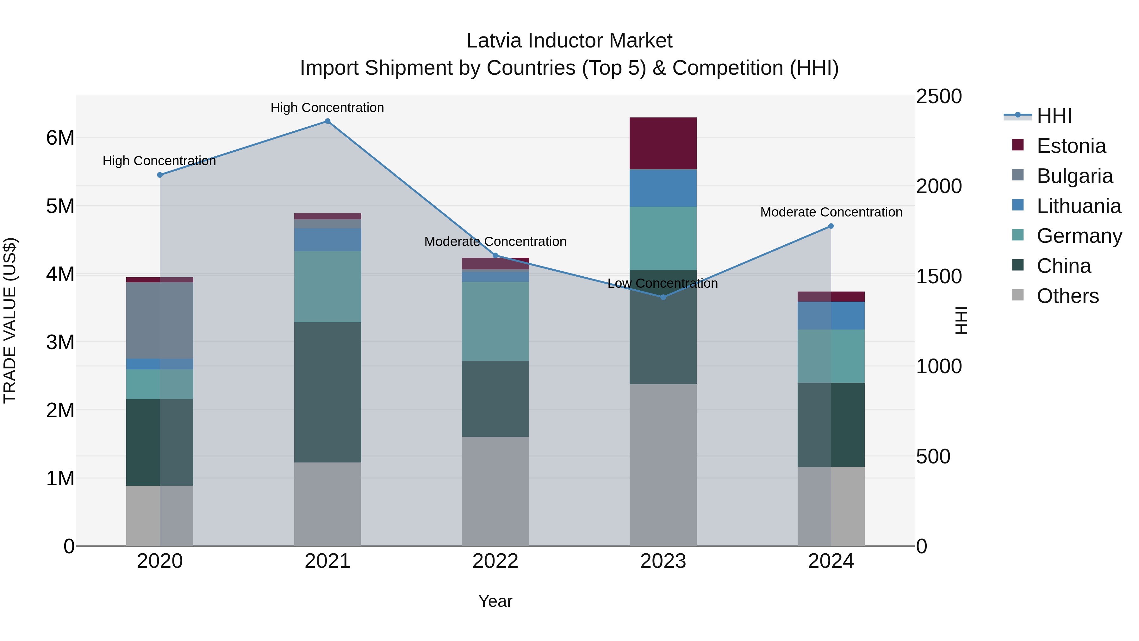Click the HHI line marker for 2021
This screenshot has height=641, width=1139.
click(327, 121)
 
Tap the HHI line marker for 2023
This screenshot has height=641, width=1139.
click(663, 297)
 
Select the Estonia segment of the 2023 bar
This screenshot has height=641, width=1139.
click(663, 143)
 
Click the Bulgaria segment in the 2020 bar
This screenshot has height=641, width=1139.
click(160, 320)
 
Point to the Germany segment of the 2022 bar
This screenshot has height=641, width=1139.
click(495, 321)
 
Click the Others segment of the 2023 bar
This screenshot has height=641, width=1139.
click(663, 464)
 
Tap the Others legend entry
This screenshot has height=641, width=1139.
click(1067, 296)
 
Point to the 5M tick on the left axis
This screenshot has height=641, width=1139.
click(60, 206)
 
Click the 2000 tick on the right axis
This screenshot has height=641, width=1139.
click(938, 186)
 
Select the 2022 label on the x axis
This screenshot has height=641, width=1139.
click(495, 561)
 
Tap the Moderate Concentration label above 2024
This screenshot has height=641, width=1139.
click(831, 212)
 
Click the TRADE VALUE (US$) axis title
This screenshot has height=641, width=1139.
click(10, 320)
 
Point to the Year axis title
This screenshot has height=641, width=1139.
click(495, 601)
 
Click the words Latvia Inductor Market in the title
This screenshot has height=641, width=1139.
click(569, 41)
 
